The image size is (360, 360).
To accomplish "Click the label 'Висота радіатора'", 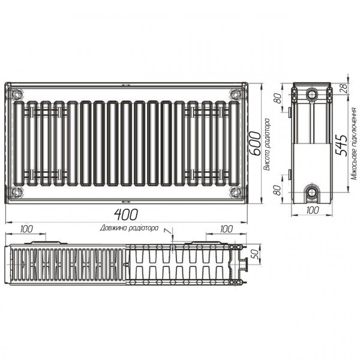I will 266,145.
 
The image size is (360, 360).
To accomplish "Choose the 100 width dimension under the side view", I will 312,211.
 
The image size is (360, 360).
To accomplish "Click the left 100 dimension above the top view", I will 26,229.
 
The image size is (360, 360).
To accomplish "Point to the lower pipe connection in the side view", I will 312,192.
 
